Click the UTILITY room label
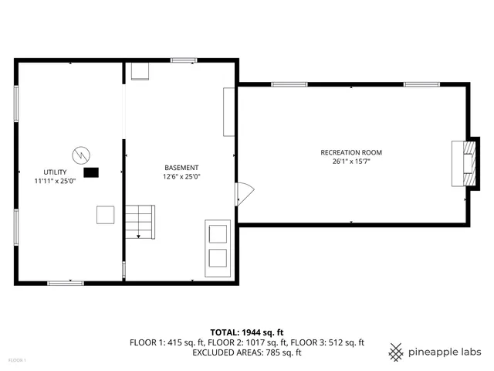coord(55,172)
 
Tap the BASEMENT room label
coord(181,168)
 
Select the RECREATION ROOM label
coord(351,152)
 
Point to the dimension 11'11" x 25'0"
coord(55,181)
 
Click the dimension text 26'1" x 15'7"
coord(351,162)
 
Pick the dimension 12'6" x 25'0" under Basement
coord(181,176)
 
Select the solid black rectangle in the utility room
coord(92,173)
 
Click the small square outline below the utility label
coord(106,215)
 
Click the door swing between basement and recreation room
coord(242,194)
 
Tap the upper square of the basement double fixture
coord(218,233)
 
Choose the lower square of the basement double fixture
coord(218,258)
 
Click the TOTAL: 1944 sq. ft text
coord(247,332)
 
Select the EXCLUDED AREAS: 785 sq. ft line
coord(247,352)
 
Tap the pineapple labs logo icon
coord(396,352)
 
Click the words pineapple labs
coord(445,352)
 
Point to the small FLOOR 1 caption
coord(17,361)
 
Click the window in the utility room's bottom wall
coord(66,284)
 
